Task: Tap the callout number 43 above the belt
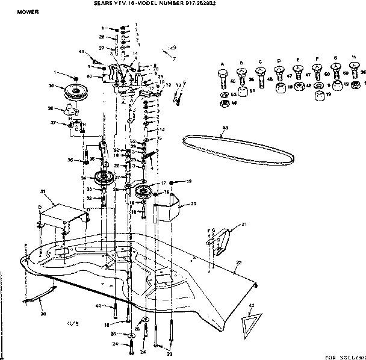point(225,127)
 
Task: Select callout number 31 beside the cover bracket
point(43,191)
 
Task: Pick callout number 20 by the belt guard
point(193,204)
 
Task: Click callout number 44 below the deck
point(98,306)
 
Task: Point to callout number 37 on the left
point(53,123)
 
